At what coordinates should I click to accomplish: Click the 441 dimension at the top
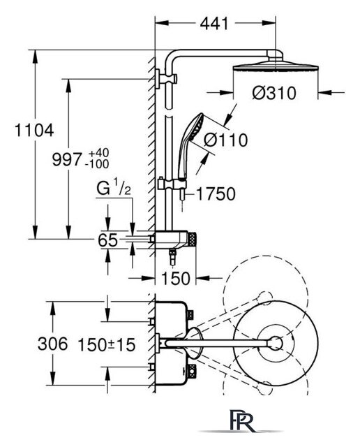point(214,23)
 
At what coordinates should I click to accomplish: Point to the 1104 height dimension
point(34,131)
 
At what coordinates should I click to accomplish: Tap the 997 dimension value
point(67,159)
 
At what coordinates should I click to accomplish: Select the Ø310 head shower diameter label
point(274,93)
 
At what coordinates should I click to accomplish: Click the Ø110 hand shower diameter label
point(226,140)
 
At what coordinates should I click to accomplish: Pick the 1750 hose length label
point(216,194)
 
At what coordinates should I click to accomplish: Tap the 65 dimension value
point(107,240)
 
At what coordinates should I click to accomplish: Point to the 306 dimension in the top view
point(53,344)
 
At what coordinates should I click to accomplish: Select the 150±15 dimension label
point(107,344)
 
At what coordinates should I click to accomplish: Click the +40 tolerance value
point(98,153)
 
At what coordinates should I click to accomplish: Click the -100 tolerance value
point(97,164)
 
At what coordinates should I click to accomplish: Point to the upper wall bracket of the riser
point(166,78)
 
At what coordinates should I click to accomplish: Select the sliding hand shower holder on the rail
point(172,184)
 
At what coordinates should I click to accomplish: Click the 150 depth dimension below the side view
point(175,278)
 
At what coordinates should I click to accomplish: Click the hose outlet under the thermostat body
point(172,256)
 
